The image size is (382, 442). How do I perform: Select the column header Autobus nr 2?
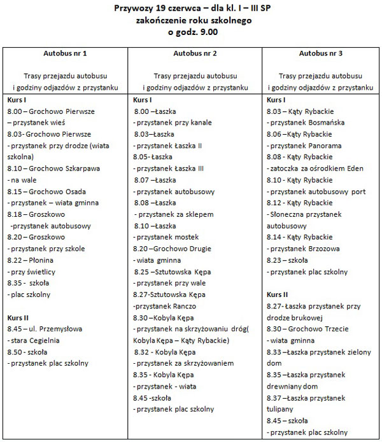click(195, 53)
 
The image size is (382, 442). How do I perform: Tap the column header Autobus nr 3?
click(321, 53)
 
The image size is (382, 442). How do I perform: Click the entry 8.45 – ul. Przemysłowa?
click(51, 329)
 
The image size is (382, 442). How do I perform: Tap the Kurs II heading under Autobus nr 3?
click(277, 294)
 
